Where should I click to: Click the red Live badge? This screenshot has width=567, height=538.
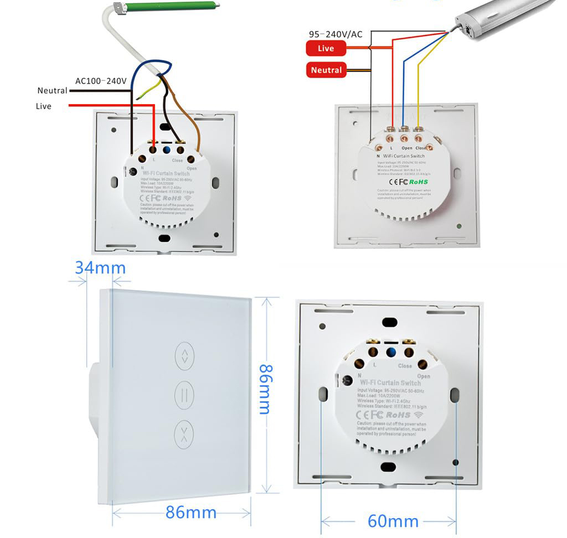(326, 49)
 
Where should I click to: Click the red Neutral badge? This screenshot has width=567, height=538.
(326, 70)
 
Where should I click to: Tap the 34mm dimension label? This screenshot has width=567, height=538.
(100, 268)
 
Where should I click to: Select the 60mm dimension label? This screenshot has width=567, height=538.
(393, 521)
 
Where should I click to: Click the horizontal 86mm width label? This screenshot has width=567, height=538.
(191, 513)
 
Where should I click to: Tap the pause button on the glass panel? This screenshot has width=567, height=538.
(183, 394)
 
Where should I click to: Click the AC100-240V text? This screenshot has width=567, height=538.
(101, 81)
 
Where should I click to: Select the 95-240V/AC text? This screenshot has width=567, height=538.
(336, 34)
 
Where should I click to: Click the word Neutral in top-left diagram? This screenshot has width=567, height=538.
(52, 90)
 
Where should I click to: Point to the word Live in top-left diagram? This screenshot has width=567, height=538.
(43, 106)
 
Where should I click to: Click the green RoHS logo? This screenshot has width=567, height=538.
(420, 181)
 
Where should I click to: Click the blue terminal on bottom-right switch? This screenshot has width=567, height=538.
(391, 352)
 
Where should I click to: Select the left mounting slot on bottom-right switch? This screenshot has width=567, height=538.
(322, 395)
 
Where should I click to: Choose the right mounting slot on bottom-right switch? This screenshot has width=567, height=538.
(455, 395)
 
